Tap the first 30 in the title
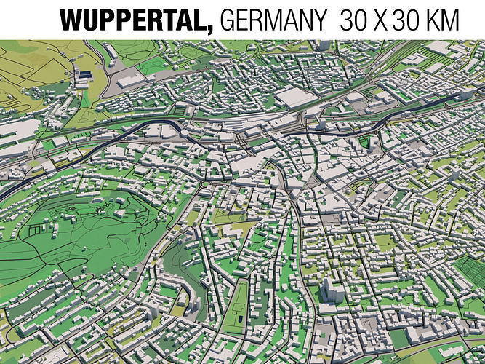coord(353,20)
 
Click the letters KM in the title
coord(445,20)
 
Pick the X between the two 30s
coord(381,20)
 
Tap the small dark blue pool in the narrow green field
coord(238,318)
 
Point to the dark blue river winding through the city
coord(109,143)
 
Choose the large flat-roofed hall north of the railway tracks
coord(294,98)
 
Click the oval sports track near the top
coord(191,52)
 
